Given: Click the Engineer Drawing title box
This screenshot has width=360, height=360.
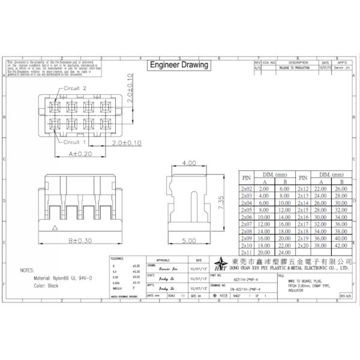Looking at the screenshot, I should [x=178, y=65].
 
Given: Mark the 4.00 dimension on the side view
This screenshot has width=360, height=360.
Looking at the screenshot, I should [x=188, y=163].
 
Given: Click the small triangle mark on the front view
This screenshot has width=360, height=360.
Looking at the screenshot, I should [x=55, y=227].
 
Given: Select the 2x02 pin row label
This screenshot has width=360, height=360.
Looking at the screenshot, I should [x=246, y=188].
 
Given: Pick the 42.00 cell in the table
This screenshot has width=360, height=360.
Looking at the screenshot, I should [x=342, y=245].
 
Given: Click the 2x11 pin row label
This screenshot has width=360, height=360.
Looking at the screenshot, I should [x=246, y=253].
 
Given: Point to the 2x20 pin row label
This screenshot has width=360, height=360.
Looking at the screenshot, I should [x=302, y=245].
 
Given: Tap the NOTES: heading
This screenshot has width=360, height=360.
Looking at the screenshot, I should [x=28, y=270].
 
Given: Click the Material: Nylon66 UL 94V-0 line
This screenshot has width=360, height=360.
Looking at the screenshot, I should [x=63, y=278].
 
